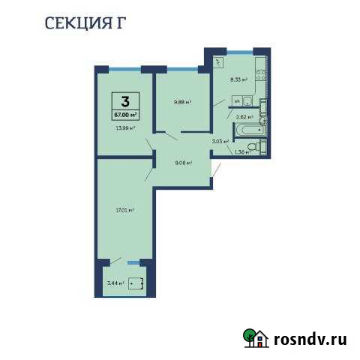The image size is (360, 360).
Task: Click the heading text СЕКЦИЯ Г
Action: [85, 22]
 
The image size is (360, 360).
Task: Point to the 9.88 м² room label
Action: [183, 103]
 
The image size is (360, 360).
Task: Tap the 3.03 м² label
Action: [219, 140]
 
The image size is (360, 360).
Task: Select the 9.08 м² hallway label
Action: [184, 162]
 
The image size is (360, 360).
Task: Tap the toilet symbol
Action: [256, 149]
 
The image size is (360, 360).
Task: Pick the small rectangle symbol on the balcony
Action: [136, 283]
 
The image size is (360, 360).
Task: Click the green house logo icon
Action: [256, 340]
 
